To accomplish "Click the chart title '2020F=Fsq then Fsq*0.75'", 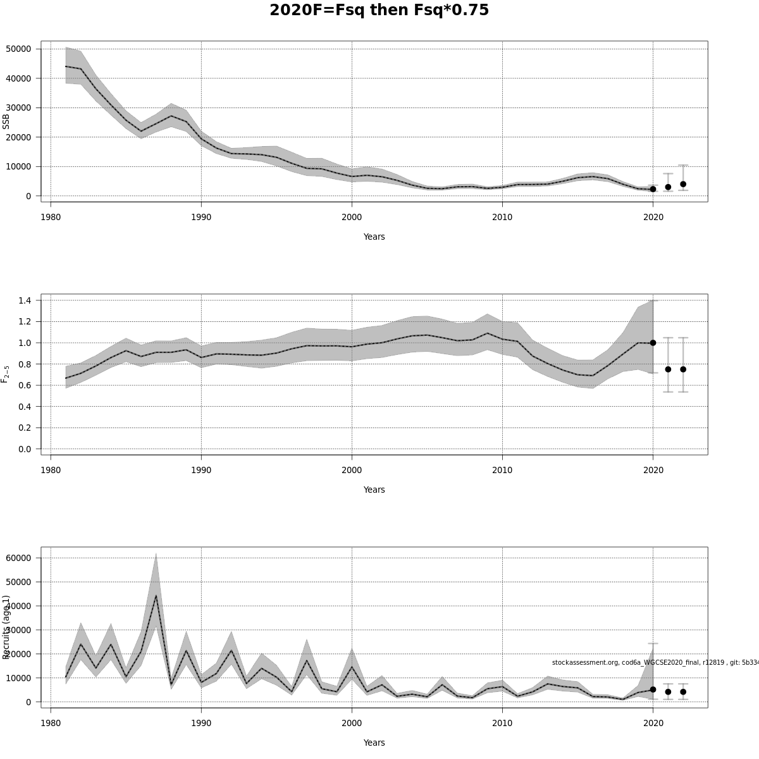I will tap(379, 11).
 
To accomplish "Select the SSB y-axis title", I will tap(6, 121).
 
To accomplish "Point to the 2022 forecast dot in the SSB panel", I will tap(683, 184).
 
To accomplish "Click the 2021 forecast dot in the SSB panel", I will tap(668, 187).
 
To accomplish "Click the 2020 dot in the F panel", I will tap(653, 343).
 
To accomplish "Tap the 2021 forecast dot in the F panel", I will tap(668, 369).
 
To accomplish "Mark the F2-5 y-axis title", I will tap(6, 374).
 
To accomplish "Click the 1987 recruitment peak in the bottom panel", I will tap(156, 595).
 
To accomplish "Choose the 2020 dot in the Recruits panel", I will tap(653, 689).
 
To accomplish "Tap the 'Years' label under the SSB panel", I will tap(374, 237).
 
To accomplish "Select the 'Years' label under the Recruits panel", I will tap(374, 743).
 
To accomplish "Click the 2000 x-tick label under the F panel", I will tap(352, 470).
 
